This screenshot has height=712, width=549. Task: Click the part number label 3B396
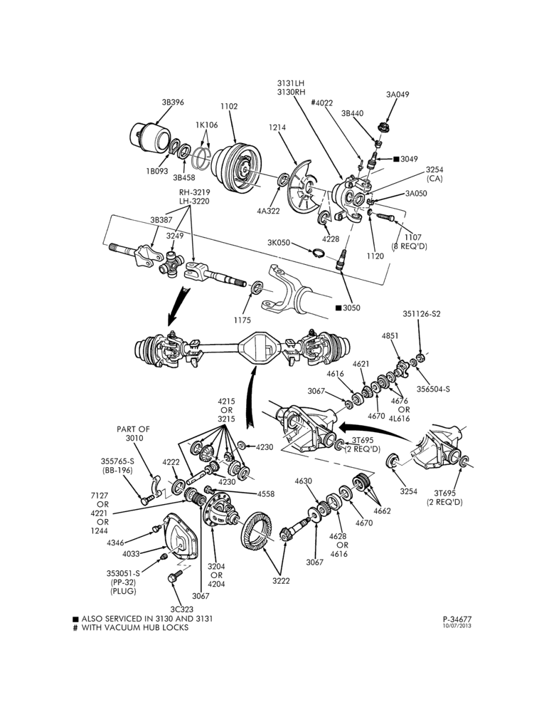pos(173,102)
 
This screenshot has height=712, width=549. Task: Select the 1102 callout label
pos(229,106)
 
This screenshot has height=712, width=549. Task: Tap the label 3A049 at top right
pos(398,95)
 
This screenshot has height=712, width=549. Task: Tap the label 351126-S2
pos(422,314)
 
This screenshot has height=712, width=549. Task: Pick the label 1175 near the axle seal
pos(242,320)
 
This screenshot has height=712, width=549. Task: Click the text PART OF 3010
pos(134,433)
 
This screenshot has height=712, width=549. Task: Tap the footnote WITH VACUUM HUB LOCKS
pos(134,627)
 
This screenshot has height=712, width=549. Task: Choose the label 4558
pos(266,494)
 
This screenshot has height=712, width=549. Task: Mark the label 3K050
pos(279,243)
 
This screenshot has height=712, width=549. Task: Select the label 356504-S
pos(433,389)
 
